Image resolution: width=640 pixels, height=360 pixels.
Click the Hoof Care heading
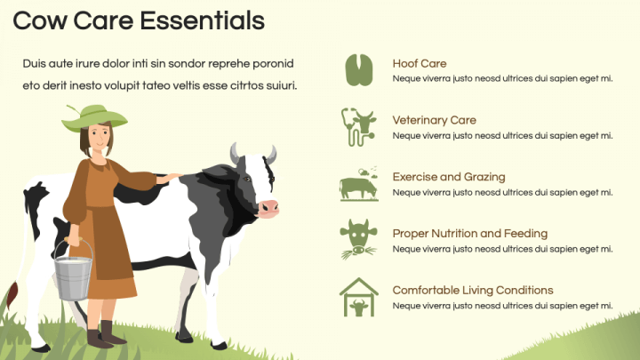coord(420,64)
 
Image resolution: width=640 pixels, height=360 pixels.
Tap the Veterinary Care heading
coord(435,120)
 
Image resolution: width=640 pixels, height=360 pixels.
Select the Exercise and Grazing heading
coord(449,177)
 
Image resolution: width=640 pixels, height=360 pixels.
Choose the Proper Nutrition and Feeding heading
coord(470,234)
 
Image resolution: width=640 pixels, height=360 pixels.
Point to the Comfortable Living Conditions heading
coord(473,290)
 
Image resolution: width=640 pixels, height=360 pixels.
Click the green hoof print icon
coord(359,70)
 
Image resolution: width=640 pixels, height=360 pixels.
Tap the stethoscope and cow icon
coord(359,126)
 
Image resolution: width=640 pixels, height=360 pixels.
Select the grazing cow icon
coord(359,184)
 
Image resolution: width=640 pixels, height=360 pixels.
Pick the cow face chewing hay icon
coord(359,239)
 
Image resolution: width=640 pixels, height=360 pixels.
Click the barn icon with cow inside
coord(359,297)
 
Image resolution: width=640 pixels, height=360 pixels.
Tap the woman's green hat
coord(94,118)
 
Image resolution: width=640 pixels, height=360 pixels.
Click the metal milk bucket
coord(73,273)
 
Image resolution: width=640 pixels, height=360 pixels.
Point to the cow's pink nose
coord(268,208)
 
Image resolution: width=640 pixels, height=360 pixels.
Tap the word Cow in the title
coord(39,20)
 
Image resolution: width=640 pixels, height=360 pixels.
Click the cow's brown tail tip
coord(12,295)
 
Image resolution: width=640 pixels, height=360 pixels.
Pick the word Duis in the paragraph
coord(34,64)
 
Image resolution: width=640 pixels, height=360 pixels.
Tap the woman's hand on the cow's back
coord(170,178)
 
